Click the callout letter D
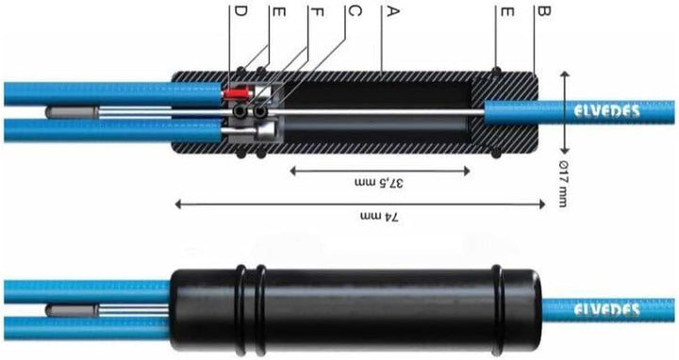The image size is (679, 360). click(240, 12)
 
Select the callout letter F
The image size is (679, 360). click(316, 12)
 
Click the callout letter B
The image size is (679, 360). click(541, 12)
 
